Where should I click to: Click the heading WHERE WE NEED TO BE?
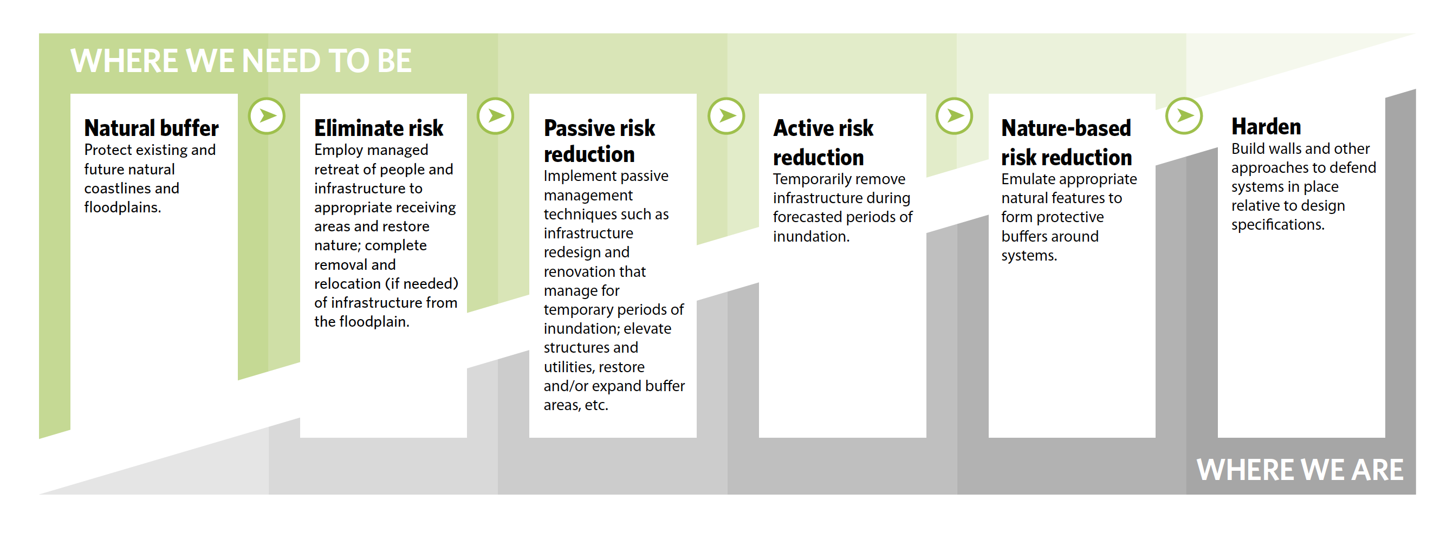pyautogui.click(x=241, y=61)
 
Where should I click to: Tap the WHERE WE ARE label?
pyautogui.click(x=1299, y=469)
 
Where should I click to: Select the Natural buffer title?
pyautogui.click(x=151, y=128)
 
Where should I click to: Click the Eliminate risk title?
pyautogui.click(x=379, y=128)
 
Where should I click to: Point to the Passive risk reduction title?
pyautogui.click(x=599, y=140)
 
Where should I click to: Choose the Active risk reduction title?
pyautogui.click(x=822, y=142)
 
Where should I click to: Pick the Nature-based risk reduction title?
pyautogui.click(x=1066, y=142)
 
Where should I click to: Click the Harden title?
pyautogui.click(x=1266, y=126)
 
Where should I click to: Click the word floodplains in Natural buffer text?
pyautogui.click(x=122, y=207)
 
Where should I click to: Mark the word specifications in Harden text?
pyautogui.click(x=1277, y=224)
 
